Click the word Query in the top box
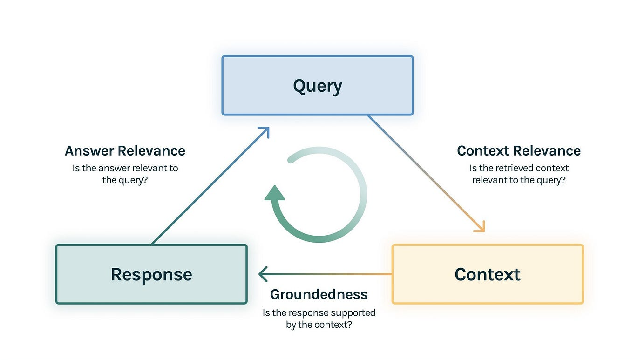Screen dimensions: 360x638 click(317, 86)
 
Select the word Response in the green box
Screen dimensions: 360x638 click(151, 274)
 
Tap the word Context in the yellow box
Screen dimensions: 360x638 click(487, 274)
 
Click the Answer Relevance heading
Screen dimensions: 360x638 click(125, 151)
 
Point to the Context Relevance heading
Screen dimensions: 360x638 click(519, 151)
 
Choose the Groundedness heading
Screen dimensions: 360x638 click(319, 294)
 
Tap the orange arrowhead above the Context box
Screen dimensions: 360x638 click(481, 227)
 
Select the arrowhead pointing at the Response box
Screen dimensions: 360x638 click(263, 274)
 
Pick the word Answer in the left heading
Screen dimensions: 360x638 click(89, 151)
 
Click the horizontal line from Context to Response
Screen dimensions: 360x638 click(326, 274)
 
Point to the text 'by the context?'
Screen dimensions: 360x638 click(319, 325)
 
